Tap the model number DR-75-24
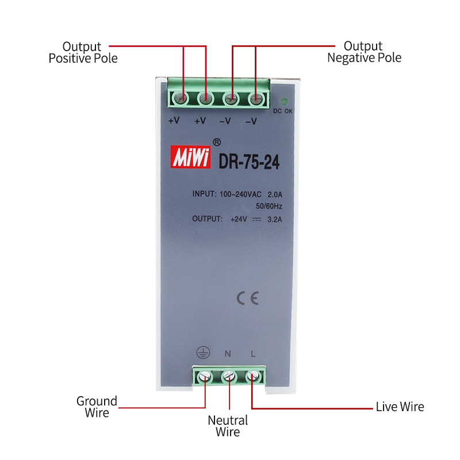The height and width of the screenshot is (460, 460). (249, 163)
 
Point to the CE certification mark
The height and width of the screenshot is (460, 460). (248, 297)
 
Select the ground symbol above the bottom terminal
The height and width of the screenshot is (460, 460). (202, 352)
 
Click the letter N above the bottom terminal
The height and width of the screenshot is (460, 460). (228, 353)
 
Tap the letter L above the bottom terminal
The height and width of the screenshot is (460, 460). (253, 353)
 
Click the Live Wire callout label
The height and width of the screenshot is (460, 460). (400, 407)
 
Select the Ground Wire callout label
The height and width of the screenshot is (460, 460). (97, 407)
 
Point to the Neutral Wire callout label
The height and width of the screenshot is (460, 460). (228, 426)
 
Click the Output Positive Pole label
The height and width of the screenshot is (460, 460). (83, 52)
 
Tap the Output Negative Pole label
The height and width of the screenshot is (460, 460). (363, 52)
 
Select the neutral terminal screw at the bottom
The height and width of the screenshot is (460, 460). (229, 377)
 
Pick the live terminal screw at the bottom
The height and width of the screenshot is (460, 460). (253, 377)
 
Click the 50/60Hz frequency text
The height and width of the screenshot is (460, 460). (269, 206)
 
